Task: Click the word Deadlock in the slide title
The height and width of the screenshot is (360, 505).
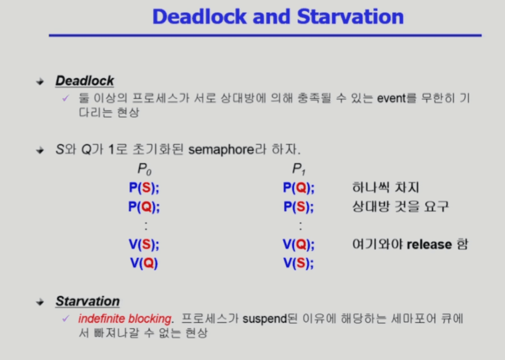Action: (x=199, y=17)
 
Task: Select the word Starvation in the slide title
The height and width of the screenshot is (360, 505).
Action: (x=350, y=17)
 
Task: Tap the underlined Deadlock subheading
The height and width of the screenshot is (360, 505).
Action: (x=85, y=80)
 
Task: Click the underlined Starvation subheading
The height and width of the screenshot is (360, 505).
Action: (x=88, y=301)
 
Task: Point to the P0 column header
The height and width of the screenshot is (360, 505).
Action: (x=144, y=169)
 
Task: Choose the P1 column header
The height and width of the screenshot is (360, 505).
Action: (x=299, y=169)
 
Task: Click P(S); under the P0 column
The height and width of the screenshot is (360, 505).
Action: (x=144, y=188)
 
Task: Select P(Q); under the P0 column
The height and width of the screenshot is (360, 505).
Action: (x=144, y=207)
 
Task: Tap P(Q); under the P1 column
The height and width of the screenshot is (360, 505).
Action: (x=299, y=188)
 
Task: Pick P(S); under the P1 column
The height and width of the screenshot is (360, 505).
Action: (x=299, y=207)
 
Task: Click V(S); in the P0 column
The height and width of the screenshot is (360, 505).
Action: (x=144, y=244)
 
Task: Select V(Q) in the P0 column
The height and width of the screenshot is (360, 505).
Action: (x=144, y=263)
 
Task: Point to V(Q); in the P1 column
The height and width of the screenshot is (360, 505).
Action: (x=299, y=244)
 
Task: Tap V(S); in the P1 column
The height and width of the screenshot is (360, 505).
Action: (x=299, y=263)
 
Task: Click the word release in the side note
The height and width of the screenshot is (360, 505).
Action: (x=430, y=244)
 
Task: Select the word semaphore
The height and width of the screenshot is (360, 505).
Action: (x=221, y=150)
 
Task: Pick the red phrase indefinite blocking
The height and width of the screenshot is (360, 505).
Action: (x=125, y=319)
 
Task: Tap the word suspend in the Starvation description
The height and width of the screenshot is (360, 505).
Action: (x=265, y=319)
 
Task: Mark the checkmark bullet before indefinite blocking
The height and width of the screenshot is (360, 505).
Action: (x=66, y=319)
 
